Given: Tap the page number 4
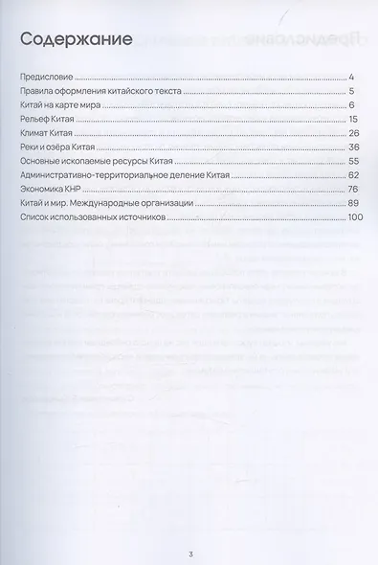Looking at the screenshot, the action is coord(352,76).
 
